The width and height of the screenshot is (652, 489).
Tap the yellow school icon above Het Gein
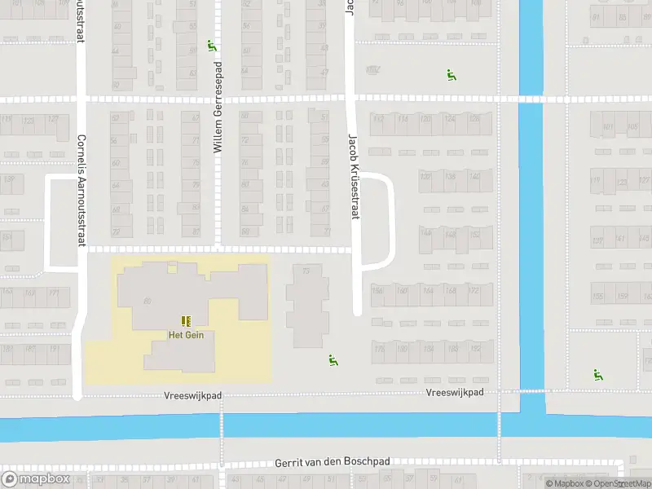pos(185,321)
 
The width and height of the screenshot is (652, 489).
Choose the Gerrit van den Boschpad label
pos(333,461)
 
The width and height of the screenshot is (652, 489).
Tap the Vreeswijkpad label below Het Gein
pos(192,395)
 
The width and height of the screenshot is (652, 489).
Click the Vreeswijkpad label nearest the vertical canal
pos(455,392)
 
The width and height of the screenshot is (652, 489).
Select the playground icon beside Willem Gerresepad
pos(212,46)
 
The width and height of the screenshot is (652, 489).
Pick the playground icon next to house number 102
pos(451,75)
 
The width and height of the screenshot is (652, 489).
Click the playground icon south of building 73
pos(333,360)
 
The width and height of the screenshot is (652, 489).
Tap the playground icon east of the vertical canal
pos(598,375)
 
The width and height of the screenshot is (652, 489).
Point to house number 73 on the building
pos(306,271)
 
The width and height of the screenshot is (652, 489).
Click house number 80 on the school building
pos(148,302)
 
